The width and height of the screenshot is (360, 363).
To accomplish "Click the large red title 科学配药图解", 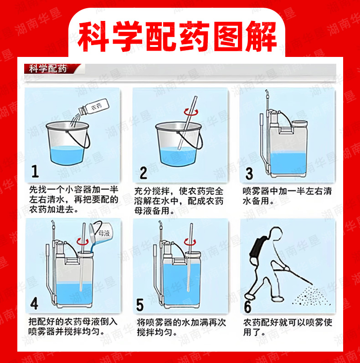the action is pyautogui.click(x=177, y=36).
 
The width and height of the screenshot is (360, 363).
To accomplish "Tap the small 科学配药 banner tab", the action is pyautogui.click(x=48, y=69).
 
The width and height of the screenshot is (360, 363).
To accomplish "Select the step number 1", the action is pyautogui.click(x=35, y=172).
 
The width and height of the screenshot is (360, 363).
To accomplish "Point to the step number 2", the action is pyautogui.click(x=144, y=173).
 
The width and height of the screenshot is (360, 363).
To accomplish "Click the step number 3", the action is pyautogui.click(x=249, y=174).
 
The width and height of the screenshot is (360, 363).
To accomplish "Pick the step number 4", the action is pyautogui.click(x=34, y=303).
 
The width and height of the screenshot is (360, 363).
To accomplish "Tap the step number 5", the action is pyautogui.click(x=140, y=305).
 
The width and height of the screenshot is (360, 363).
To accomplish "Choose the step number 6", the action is pyautogui.click(x=247, y=307).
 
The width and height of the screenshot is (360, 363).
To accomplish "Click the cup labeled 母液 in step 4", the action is pyautogui.click(x=101, y=233).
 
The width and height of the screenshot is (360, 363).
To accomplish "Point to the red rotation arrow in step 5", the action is pyautogui.click(x=190, y=242).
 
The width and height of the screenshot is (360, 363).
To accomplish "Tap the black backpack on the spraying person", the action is pyautogui.click(x=257, y=247).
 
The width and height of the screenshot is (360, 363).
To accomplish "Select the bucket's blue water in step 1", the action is pyautogui.click(x=67, y=156).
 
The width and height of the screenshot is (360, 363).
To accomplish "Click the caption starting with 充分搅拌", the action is pyautogui.click(x=179, y=201).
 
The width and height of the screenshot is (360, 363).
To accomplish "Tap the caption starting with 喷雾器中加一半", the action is pyautogui.click(x=287, y=196).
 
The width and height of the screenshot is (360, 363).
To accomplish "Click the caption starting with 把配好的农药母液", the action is pyautogui.click(x=73, y=327).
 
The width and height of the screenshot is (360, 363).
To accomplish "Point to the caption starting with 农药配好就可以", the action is pyautogui.click(x=288, y=327).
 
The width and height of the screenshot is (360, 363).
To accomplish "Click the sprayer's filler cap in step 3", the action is pyautogui.click(x=300, y=123).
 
